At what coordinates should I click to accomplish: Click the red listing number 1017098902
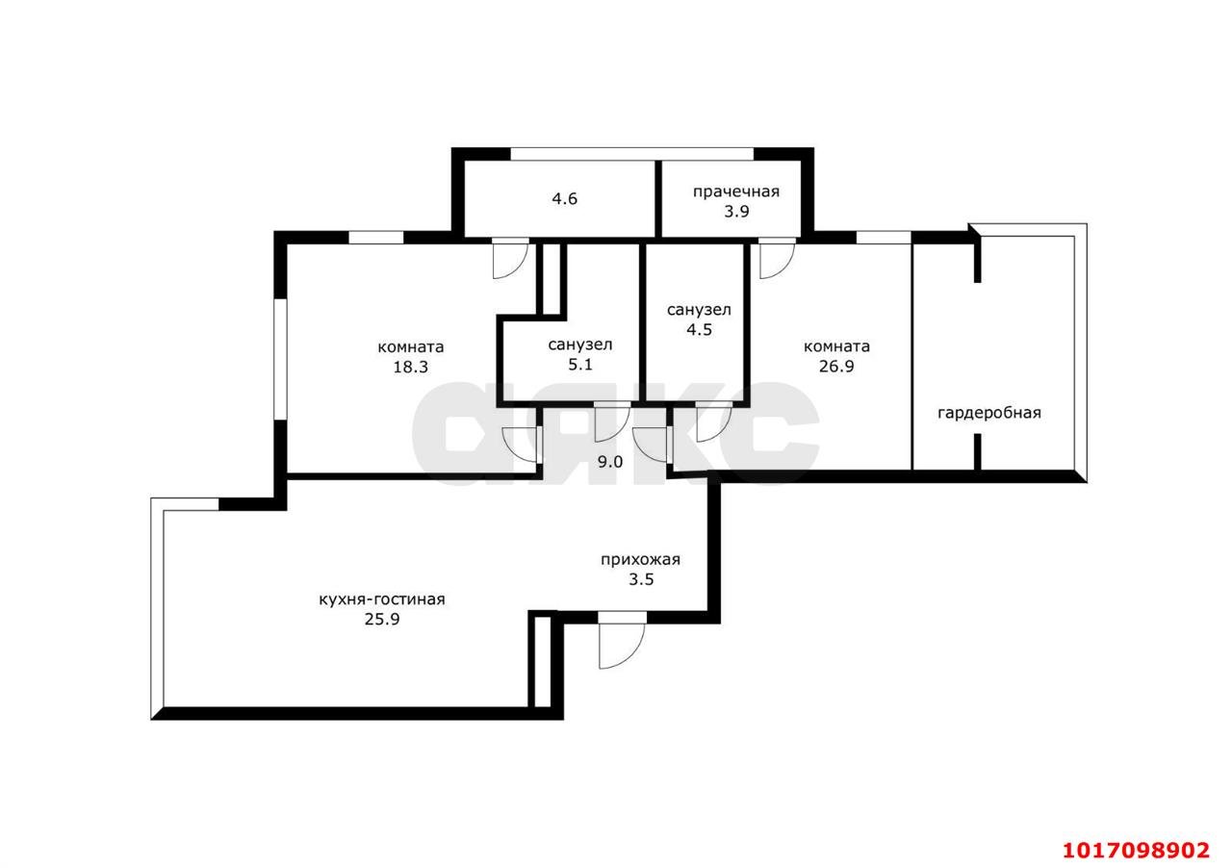click(x=1137, y=851)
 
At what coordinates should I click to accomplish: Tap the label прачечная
click(x=736, y=191)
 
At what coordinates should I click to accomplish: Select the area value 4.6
click(x=564, y=198)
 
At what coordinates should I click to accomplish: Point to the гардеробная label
click(x=988, y=413)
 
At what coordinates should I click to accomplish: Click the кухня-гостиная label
click(x=382, y=600)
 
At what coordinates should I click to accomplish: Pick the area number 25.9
click(x=382, y=620)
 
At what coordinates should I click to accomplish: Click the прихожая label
click(x=641, y=560)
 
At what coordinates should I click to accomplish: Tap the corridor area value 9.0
click(x=610, y=462)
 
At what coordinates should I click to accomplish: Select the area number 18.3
click(x=410, y=367)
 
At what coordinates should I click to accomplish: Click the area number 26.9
click(x=836, y=367)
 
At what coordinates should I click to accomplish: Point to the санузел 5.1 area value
click(x=580, y=365)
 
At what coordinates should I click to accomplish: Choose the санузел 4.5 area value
click(x=699, y=329)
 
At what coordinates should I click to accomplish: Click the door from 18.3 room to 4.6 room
click(x=510, y=259)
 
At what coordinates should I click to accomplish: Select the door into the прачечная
click(x=777, y=259)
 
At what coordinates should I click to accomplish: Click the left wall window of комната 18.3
click(x=280, y=359)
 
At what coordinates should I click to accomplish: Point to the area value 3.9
click(x=736, y=212)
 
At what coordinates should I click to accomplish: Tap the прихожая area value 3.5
click(x=641, y=579)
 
